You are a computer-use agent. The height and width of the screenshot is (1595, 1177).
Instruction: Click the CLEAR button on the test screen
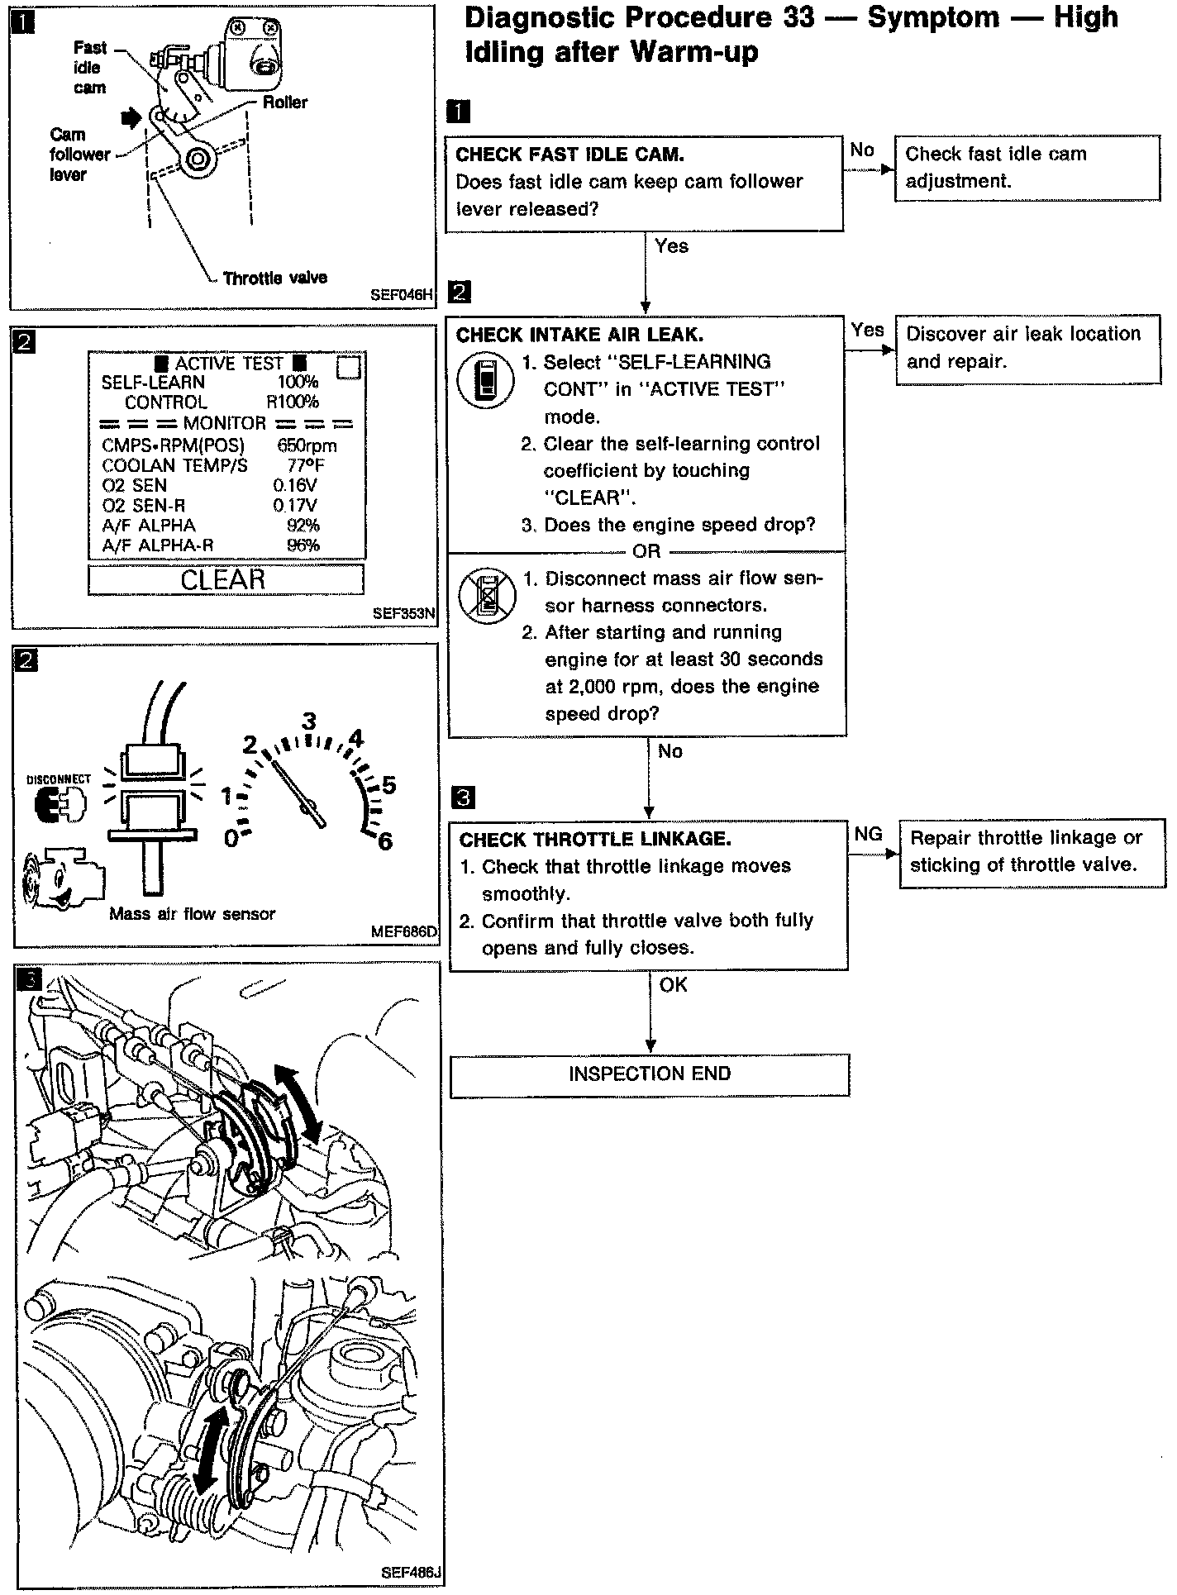pyautogui.click(x=224, y=579)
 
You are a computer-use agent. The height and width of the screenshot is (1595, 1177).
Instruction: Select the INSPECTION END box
pyautogui.click(x=649, y=1074)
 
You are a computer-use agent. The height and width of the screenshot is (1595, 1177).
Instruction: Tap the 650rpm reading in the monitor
pyautogui.click(x=307, y=445)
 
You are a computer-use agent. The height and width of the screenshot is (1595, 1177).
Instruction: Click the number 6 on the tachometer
pyautogui.click(x=384, y=842)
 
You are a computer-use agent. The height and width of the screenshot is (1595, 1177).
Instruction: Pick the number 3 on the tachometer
pyautogui.click(x=308, y=721)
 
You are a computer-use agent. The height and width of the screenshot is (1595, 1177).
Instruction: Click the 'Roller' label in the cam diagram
pyautogui.click(x=285, y=102)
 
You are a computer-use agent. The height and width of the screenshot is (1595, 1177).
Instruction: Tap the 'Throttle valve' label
pyautogui.click(x=274, y=278)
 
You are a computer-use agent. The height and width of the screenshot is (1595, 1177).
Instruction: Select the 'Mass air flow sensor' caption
pyautogui.click(x=192, y=913)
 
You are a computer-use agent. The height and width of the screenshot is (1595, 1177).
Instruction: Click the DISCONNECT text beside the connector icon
pyautogui.click(x=59, y=779)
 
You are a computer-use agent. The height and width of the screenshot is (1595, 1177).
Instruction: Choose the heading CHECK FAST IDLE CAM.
pyautogui.click(x=569, y=155)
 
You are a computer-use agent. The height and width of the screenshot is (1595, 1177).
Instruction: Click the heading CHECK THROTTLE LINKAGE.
pyautogui.click(x=595, y=840)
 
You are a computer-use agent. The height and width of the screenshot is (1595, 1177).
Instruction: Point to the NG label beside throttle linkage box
pyautogui.click(x=868, y=834)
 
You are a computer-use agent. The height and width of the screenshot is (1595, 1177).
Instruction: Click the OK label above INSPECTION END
pyautogui.click(x=673, y=984)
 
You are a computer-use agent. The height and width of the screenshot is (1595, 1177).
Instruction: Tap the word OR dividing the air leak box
pyautogui.click(x=646, y=551)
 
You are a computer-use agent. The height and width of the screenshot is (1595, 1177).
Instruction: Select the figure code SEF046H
pyautogui.click(x=403, y=293)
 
